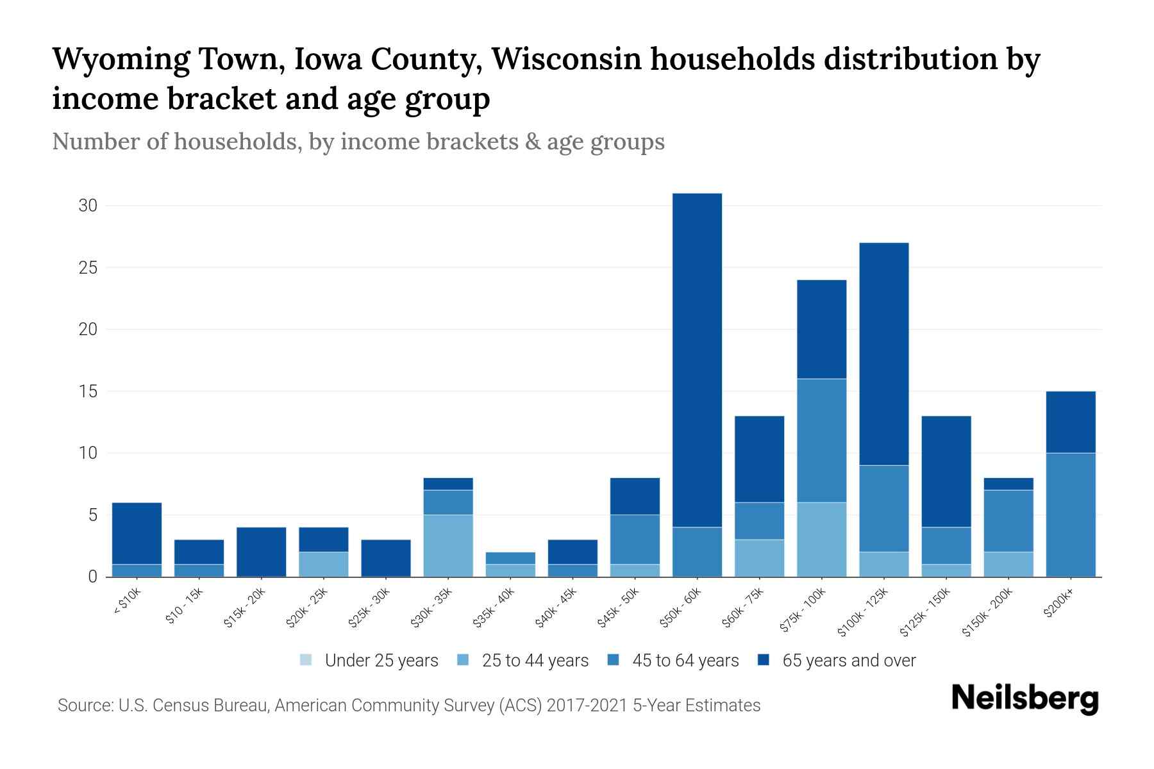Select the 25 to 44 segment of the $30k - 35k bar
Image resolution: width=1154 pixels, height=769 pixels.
click(448, 545)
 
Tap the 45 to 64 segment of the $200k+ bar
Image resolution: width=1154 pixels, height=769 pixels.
click(1071, 515)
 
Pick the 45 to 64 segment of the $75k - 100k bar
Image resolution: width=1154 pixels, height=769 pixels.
click(821, 440)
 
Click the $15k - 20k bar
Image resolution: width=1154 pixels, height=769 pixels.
click(261, 552)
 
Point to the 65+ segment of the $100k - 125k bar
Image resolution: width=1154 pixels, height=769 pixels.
click(883, 354)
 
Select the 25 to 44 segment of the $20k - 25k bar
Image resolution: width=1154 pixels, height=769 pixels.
click(323, 564)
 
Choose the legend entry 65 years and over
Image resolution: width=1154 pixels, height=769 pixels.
click(837, 661)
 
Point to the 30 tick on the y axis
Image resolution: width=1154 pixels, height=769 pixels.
click(88, 206)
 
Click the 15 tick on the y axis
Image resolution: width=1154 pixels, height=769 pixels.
click(88, 391)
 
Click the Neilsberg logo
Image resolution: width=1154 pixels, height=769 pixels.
click(1024, 699)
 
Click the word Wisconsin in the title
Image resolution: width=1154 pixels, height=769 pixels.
click(566, 60)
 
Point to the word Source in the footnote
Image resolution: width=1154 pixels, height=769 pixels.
click(83, 706)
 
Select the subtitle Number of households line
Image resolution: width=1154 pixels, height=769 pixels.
click(358, 142)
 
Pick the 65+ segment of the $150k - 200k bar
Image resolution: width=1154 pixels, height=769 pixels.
click(1008, 484)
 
